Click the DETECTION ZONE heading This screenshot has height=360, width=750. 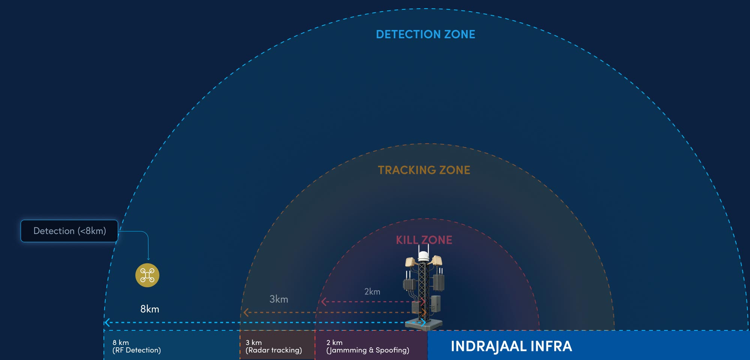tap(426, 34)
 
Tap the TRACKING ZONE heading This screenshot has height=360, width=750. tap(424, 170)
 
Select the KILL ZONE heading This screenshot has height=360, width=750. tap(424, 240)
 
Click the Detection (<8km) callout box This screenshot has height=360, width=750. tap(69, 231)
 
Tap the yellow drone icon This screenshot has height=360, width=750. tap(147, 275)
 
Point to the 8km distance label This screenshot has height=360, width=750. tap(150, 309)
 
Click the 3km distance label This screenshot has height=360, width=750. tap(279, 299)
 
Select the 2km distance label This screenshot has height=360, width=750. tap(372, 292)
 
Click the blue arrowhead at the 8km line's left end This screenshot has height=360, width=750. tap(107, 322)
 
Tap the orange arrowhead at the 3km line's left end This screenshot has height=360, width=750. tap(246, 312)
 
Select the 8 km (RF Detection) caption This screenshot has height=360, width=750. tap(136, 346)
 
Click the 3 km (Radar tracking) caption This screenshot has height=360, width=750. tap(273, 346)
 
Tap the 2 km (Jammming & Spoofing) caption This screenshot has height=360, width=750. tap(367, 346)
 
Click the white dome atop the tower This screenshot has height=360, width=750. tap(423, 256)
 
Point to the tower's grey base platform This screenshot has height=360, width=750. tap(424, 325)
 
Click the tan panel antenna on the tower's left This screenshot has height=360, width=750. tap(410, 261)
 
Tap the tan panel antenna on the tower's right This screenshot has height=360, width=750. tap(437, 260)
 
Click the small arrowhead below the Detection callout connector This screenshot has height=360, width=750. tap(148, 259)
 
